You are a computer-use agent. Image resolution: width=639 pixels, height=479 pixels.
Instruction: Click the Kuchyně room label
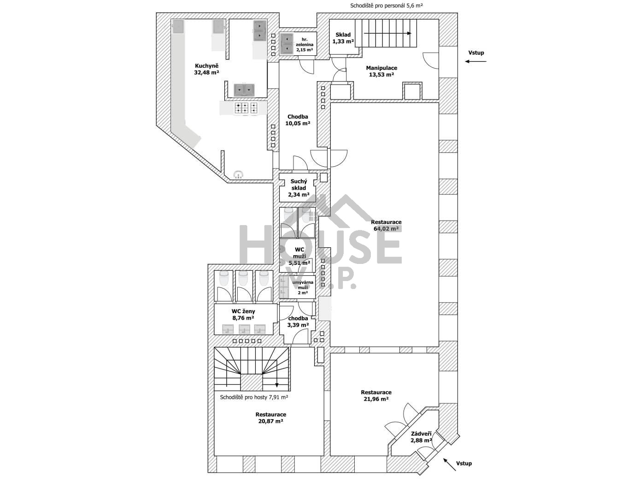click(206, 69)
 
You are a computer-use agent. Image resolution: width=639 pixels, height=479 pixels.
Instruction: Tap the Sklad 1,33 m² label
click(343, 38)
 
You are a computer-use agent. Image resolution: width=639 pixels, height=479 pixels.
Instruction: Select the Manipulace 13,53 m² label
click(381, 71)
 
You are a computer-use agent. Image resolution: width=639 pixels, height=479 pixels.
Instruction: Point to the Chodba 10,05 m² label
click(298, 120)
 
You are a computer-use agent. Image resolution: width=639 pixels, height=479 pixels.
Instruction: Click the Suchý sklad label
click(299, 188)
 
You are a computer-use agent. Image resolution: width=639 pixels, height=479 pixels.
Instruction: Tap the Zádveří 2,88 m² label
click(421, 437)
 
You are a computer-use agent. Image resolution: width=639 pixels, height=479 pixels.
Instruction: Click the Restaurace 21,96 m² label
click(376, 396)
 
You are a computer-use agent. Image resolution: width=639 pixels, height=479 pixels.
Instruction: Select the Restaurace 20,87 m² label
click(271, 418)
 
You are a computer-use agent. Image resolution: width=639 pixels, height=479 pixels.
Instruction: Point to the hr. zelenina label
click(305, 45)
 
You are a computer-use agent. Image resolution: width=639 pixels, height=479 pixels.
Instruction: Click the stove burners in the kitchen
click(246, 108)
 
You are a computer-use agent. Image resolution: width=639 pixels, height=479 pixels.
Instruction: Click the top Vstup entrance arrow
click(476, 61)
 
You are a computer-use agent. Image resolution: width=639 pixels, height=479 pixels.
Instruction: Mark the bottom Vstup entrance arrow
click(450, 464)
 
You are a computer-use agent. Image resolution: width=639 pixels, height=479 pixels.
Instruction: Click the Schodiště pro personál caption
click(387, 6)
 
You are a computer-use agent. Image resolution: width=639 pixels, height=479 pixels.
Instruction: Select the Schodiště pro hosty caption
click(254, 397)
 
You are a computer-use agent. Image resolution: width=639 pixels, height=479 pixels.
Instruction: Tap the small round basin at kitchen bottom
click(239, 174)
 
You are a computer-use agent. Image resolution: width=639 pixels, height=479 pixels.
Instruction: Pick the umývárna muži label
click(303, 287)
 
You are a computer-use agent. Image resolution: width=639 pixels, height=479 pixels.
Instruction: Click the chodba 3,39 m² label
click(298, 321)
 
